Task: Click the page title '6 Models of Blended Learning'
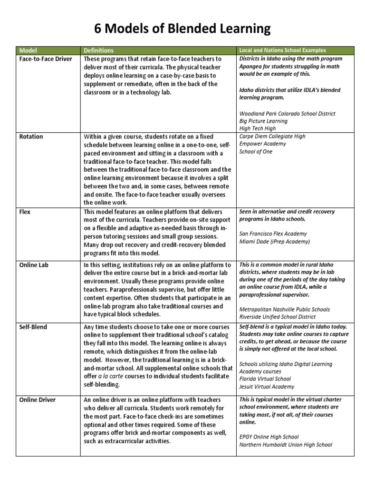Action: (x=182, y=29)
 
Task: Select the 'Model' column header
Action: (x=28, y=50)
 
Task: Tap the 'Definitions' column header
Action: (x=98, y=50)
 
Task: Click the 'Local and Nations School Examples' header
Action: (x=282, y=50)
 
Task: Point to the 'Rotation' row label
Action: (x=31, y=136)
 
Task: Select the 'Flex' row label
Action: (x=25, y=212)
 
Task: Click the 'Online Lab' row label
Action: (x=34, y=264)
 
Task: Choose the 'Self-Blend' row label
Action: (x=33, y=327)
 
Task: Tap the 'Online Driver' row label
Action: (x=38, y=399)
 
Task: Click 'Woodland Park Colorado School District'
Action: (x=287, y=114)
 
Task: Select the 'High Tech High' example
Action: (x=257, y=129)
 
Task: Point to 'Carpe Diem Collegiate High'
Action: (x=272, y=136)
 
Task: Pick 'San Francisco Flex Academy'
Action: (x=273, y=234)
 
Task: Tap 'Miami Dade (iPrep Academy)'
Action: (x=274, y=242)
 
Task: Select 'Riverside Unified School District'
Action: (x=278, y=317)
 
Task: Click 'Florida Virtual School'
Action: (x=265, y=379)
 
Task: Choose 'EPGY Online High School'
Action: (x=269, y=437)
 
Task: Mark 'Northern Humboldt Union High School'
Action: (x=286, y=445)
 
